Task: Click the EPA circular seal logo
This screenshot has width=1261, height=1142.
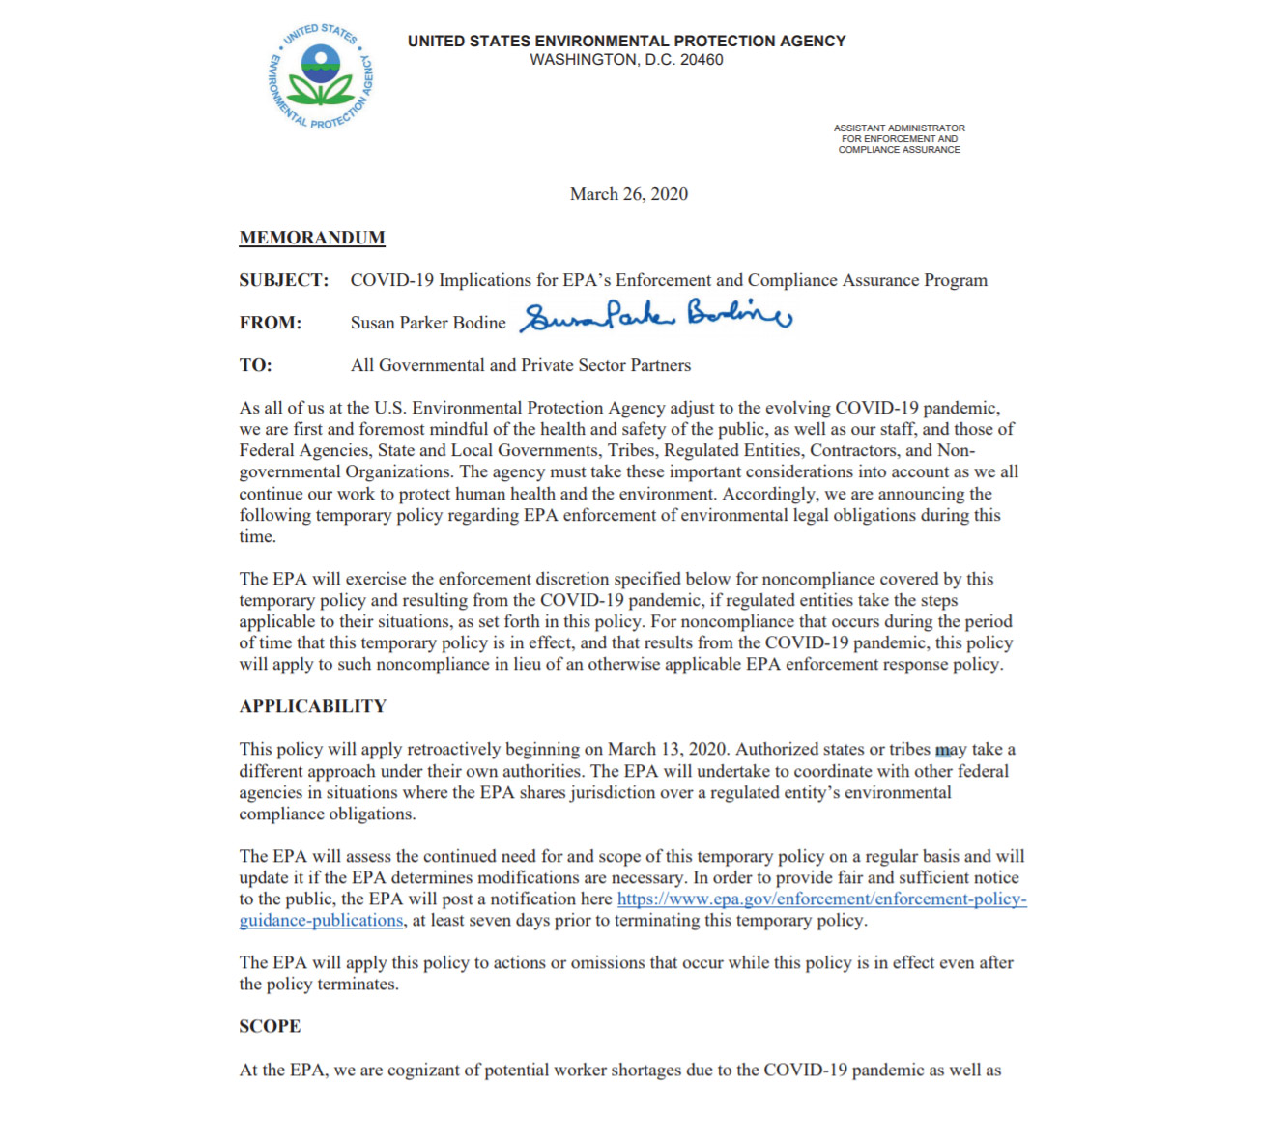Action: pyautogui.click(x=320, y=77)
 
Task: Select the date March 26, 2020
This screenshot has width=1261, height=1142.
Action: pyautogui.click(x=628, y=194)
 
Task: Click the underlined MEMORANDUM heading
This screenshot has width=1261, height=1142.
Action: pyautogui.click(x=312, y=238)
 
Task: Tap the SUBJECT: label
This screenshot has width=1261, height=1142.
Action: pyautogui.click(x=284, y=280)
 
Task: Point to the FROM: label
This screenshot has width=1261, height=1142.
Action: pyautogui.click(x=271, y=323)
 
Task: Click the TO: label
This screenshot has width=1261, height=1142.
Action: pyautogui.click(x=256, y=365)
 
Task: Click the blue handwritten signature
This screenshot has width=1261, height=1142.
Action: pyautogui.click(x=656, y=315)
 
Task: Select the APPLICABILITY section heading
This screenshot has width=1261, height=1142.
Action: pyautogui.click(x=312, y=706)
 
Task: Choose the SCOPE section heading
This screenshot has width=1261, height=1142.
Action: pyautogui.click(x=270, y=1026)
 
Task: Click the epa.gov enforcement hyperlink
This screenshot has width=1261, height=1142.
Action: pyautogui.click(x=821, y=899)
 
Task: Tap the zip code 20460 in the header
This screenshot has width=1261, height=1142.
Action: pyautogui.click(x=702, y=60)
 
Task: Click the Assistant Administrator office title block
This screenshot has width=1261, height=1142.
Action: pyautogui.click(x=899, y=138)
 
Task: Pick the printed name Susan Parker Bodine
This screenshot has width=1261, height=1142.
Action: pyautogui.click(x=428, y=323)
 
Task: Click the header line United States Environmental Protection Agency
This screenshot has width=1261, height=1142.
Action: pyautogui.click(x=626, y=41)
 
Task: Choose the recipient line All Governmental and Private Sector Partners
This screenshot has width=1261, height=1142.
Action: pyautogui.click(x=521, y=365)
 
